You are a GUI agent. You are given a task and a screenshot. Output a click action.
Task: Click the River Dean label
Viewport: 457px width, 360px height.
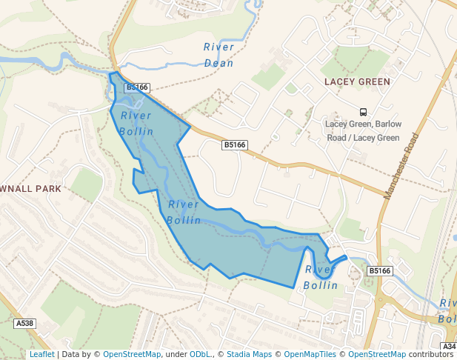[219, 55]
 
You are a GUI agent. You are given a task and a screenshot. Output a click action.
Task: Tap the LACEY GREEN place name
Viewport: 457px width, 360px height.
[357, 81]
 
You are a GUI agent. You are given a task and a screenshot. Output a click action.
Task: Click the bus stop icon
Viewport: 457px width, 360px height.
[363, 110]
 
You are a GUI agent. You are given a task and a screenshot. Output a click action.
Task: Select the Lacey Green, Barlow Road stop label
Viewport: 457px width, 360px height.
[363, 130]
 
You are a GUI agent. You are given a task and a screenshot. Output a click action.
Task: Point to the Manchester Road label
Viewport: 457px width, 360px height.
[402, 165]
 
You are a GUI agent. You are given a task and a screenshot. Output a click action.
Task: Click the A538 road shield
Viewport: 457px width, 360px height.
[24, 324]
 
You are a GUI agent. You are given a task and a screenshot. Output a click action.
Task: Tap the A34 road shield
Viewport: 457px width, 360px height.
[449, 347]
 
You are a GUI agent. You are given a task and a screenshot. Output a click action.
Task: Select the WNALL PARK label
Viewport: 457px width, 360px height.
[30, 189]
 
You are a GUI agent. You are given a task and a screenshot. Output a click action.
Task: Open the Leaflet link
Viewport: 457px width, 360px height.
[41, 355]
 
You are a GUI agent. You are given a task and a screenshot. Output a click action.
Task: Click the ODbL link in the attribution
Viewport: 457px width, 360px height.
[200, 355]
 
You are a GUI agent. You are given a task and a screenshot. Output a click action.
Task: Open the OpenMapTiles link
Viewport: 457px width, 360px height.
[310, 355]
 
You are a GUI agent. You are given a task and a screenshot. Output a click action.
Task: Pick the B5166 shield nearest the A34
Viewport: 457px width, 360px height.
[379, 271]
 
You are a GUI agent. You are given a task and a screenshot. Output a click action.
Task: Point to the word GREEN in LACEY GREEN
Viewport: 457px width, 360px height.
[373, 81]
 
